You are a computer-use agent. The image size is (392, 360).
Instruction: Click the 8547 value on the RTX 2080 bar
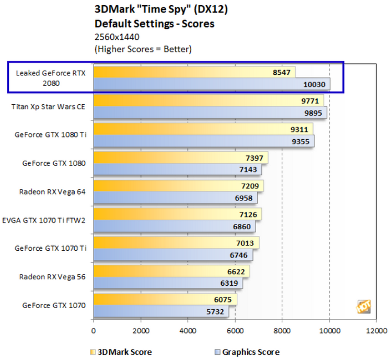(281, 73)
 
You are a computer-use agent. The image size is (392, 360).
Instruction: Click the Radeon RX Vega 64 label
(52, 192)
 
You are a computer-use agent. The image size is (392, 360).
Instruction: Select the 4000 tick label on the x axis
(188, 331)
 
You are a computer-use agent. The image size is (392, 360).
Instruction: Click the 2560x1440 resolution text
(117, 37)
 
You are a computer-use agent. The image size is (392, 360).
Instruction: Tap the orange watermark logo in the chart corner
(364, 306)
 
